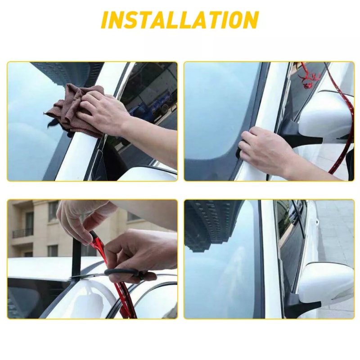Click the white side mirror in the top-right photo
326,115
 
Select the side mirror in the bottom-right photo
326,283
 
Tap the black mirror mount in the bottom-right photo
303,303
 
